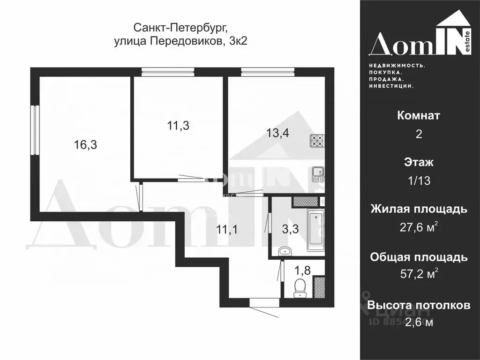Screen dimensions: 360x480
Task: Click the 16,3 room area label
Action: (x=85, y=145)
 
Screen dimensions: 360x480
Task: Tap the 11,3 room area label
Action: (x=178, y=125)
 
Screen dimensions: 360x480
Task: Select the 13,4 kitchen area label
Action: (x=278, y=133)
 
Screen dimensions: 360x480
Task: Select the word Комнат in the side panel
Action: (x=419, y=115)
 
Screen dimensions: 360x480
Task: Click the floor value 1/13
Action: (x=419, y=181)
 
